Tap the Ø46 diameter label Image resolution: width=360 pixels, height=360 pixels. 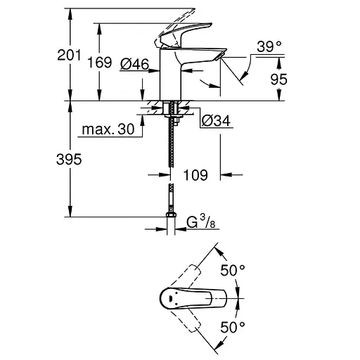tap(134, 64)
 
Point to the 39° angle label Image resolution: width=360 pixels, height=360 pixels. tap(268, 46)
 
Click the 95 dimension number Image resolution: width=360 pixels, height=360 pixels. tap(278, 79)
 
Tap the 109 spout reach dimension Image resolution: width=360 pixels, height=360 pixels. tap(195, 175)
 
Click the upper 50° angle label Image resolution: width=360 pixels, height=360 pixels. tap(233, 269)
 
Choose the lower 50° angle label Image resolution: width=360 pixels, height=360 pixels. tap(233, 327)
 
